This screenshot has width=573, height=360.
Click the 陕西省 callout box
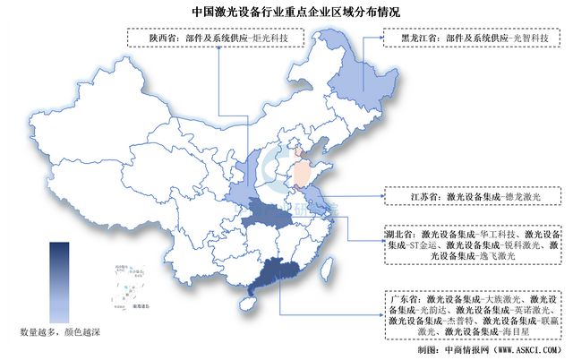pos(216,39)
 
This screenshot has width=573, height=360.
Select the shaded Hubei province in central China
pos(266,214)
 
